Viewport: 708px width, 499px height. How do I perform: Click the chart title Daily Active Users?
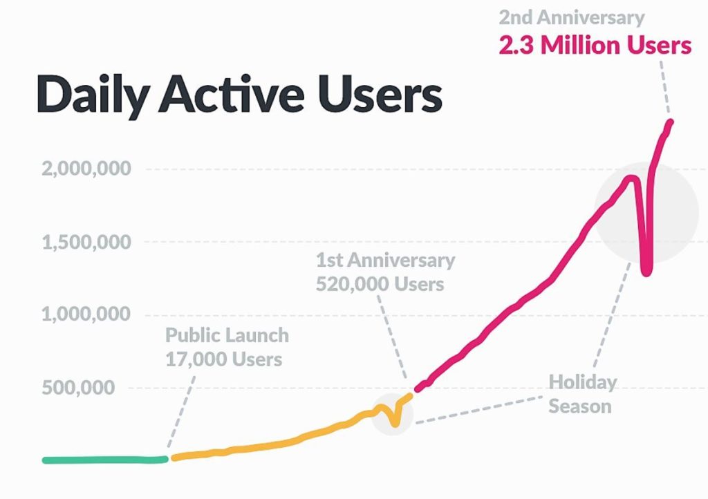pyautogui.click(x=239, y=95)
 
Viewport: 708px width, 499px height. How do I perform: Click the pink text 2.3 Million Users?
pyautogui.click(x=595, y=45)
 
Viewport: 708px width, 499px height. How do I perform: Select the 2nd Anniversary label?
pyautogui.click(x=571, y=17)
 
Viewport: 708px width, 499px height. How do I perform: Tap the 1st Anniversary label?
pyautogui.click(x=385, y=261)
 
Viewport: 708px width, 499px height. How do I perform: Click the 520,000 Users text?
pyautogui.click(x=380, y=284)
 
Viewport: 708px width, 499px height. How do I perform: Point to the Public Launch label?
pyautogui.click(x=227, y=336)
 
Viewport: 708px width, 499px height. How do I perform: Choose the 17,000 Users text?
pyautogui.click(x=223, y=359)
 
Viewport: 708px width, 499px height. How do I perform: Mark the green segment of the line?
pyautogui.click(x=104, y=460)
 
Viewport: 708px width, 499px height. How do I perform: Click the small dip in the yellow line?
pyautogui.click(x=394, y=422)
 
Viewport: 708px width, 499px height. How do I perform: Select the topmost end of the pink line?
pyautogui.click(x=670, y=123)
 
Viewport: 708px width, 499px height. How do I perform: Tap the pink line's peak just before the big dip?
pyautogui.click(x=631, y=178)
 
